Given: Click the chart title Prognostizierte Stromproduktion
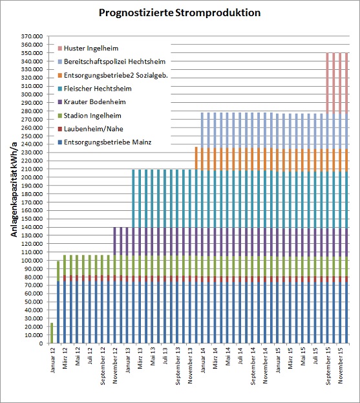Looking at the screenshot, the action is click(x=180, y=12).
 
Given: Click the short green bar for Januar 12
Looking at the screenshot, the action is click(x=52, y=333).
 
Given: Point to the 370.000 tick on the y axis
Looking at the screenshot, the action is click(x=32, y=36).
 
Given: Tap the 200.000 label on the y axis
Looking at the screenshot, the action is click(x=32, y=177).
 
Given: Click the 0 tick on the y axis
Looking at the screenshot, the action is click(x=41, y=343).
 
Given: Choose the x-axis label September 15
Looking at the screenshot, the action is click(x=328, y=366).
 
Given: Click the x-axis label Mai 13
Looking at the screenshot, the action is click(x=153, y=356).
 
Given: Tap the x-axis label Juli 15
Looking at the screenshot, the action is click(x=315, y=356).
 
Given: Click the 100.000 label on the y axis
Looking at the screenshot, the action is click(x=32, y=260).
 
